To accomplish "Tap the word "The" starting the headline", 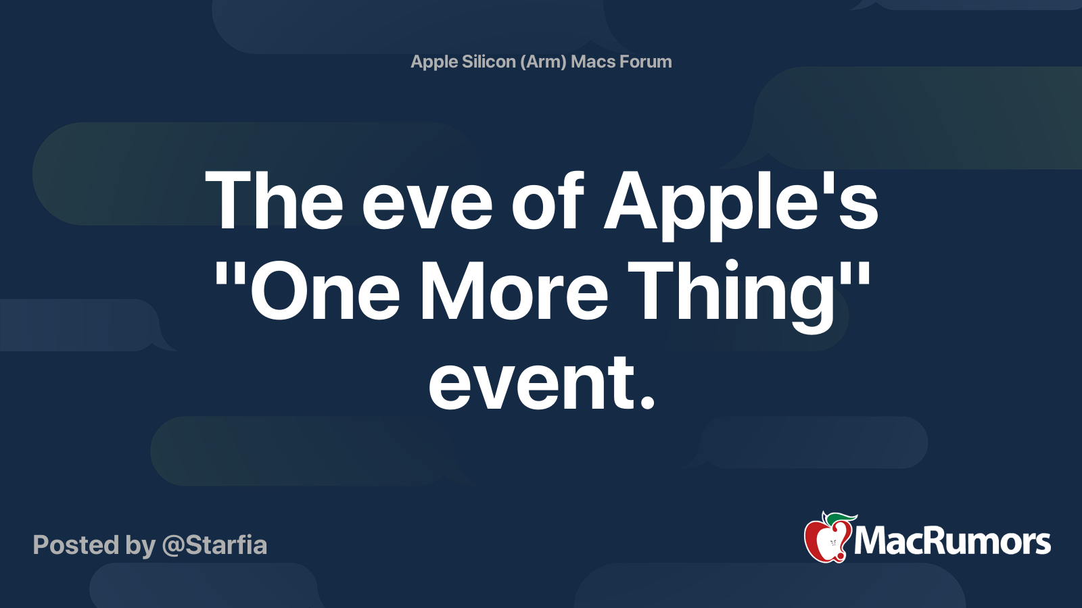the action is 274,201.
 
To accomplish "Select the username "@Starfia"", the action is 214,545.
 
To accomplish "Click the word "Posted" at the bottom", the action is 76,544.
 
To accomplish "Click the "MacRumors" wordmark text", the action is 952,541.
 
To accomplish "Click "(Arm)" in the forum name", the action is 543,62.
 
